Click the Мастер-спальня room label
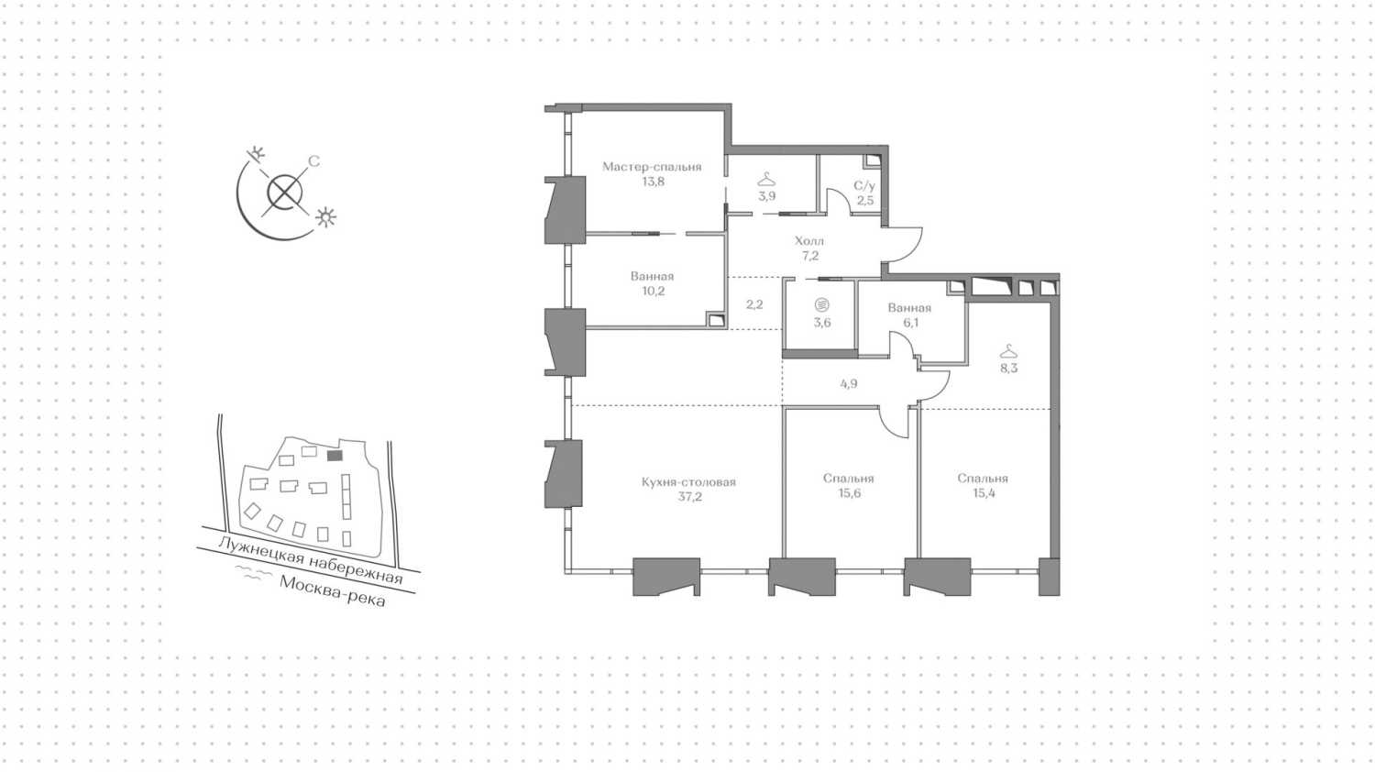point(651,167)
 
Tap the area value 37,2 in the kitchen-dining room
point(689,496)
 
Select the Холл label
point(809,241)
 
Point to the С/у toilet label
point(864,185)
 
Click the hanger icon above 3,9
point(766,180)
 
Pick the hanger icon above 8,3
point(1008,351)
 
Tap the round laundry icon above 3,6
point(822,304)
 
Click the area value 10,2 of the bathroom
point(653,292)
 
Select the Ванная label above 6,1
point(909,308)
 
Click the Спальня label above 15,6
point(848,479)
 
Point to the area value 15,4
point(984,493)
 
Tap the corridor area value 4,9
point(848,384)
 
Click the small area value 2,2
point(754,304)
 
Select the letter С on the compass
point(313,161)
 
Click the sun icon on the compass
point(325,217)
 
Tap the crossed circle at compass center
point(285,193)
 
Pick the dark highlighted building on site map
point(335,456)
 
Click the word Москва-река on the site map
point(333,591)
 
